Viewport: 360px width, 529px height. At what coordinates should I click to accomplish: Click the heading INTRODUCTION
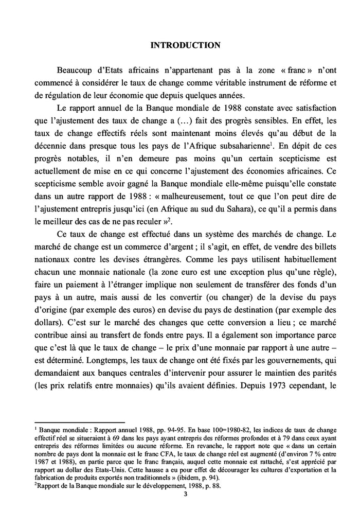(185, 45)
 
